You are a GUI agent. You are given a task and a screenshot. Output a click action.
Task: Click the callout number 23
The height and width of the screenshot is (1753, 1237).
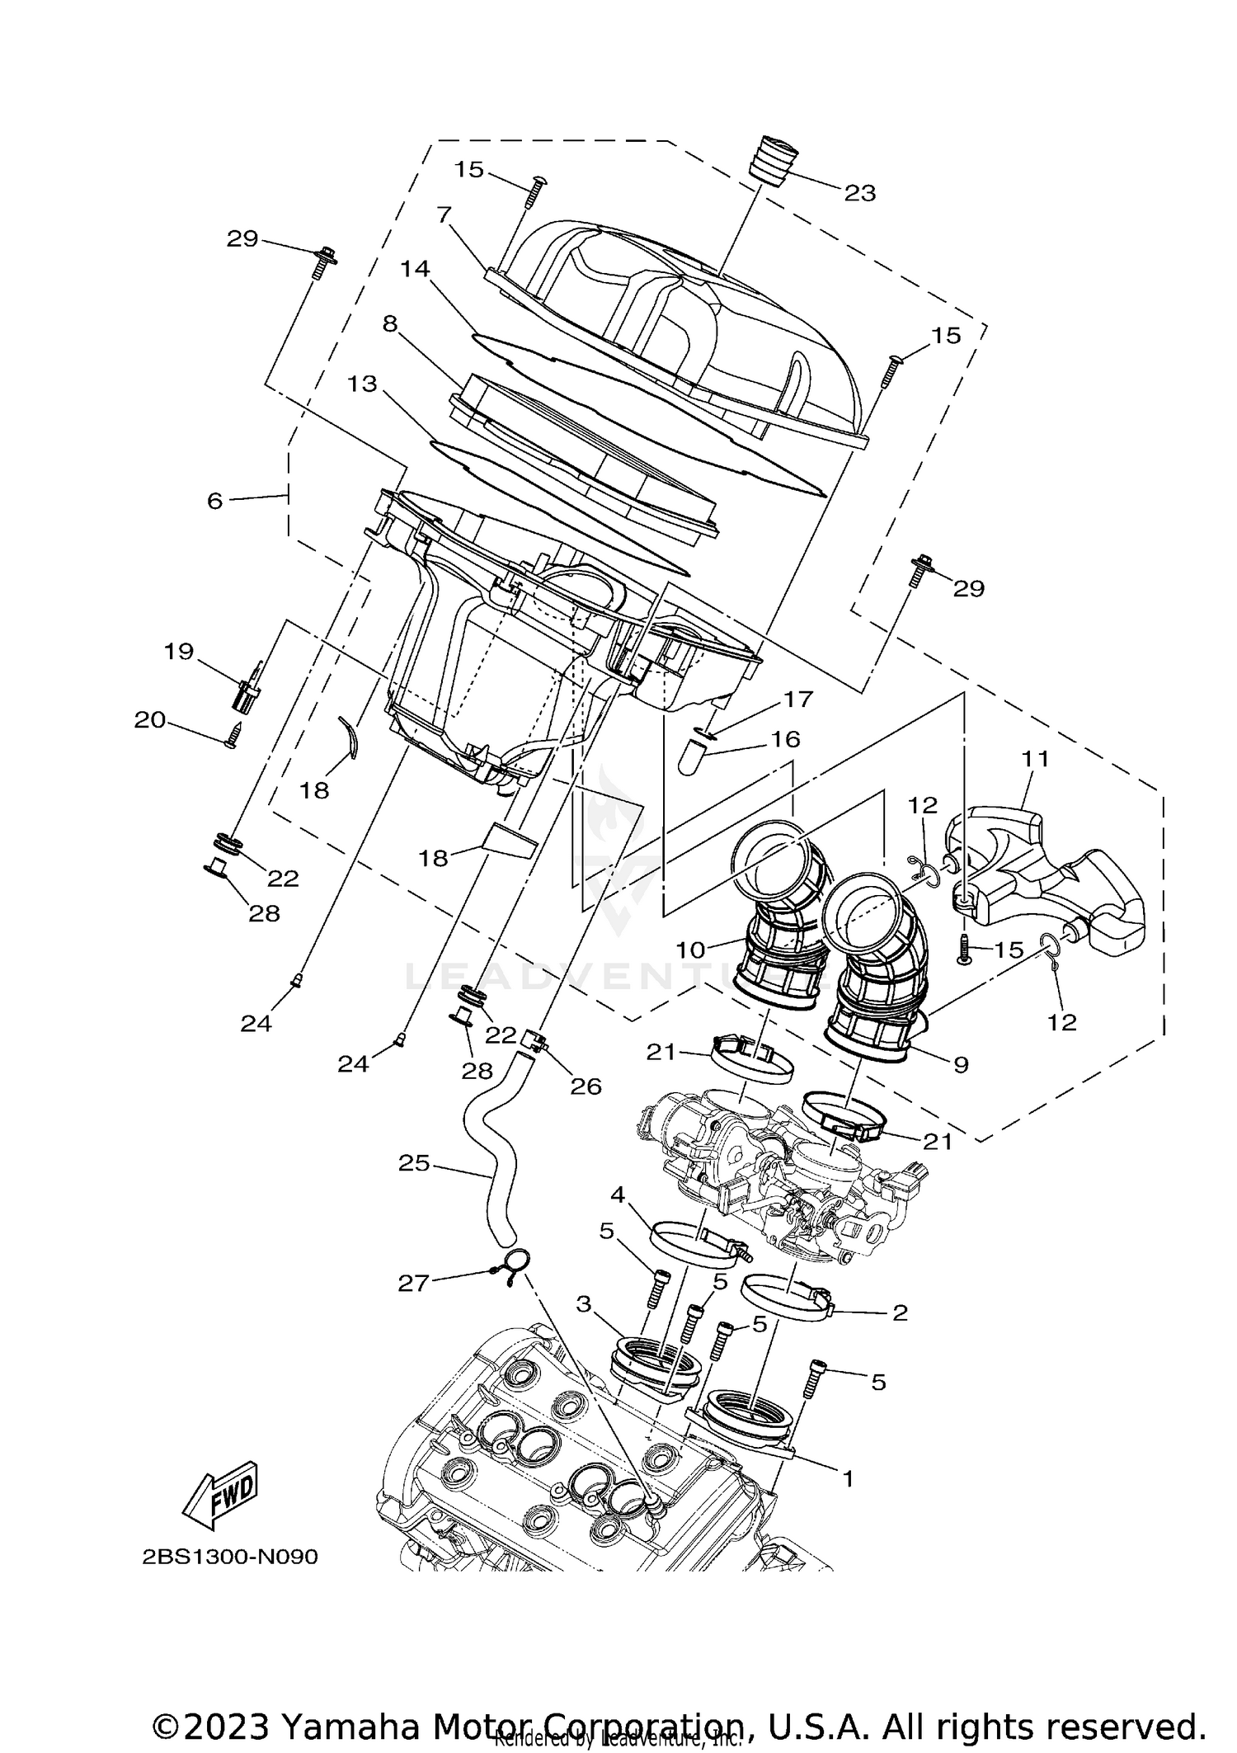pos(859,192)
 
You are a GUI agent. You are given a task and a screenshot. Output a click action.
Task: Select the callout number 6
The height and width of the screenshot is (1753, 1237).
pos(215,500)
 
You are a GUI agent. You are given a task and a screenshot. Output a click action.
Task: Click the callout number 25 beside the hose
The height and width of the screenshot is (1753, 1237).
pos(414,1163)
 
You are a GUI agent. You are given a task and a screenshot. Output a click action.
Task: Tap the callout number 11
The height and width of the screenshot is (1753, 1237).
pos(1035,759)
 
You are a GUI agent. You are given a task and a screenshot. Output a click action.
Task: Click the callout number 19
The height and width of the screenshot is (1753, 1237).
pos(178,652)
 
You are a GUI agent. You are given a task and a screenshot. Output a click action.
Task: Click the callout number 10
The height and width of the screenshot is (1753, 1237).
pos(691,950)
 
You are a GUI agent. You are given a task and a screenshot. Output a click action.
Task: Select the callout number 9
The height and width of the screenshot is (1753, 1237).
pos(960,1065)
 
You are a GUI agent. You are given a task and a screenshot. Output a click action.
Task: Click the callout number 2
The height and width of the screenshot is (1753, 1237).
pos(900,1312)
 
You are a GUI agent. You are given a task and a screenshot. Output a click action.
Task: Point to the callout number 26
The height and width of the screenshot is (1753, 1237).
pos(586,1086)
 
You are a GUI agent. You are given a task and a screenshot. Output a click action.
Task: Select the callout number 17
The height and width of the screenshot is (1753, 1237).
pos(797,699)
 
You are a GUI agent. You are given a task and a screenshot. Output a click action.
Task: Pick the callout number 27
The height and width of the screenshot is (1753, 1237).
pos(414,1283)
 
